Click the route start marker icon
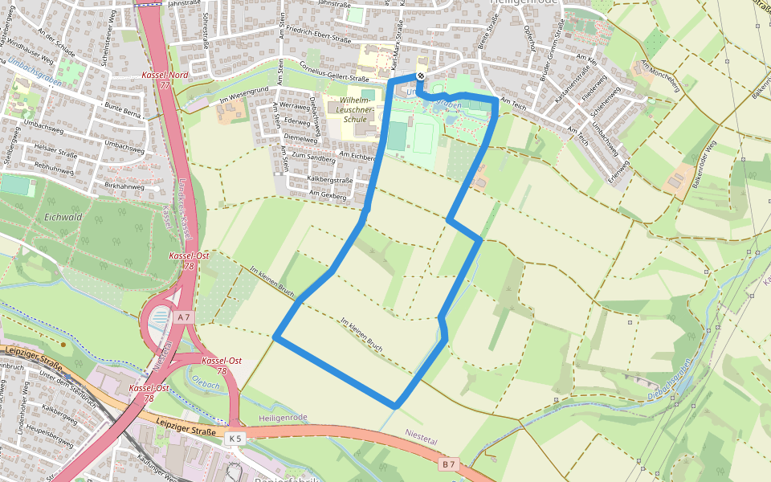(x=420, y=76)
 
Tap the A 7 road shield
(x=184, y=317)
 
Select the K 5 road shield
(x=235, y=439)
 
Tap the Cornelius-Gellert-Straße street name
(x=334, y=73)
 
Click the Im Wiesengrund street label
(x=245, y=100)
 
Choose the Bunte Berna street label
(x=123, y=110)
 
